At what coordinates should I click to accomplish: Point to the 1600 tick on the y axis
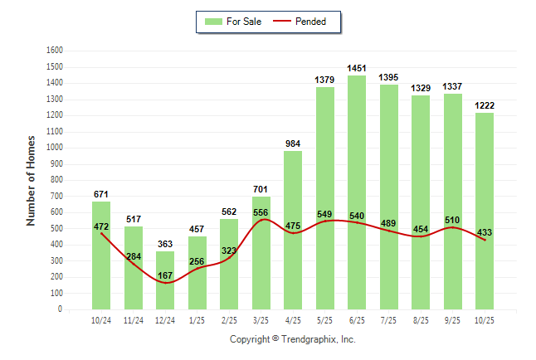point(54,51)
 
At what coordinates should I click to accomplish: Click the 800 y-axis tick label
point(56,180)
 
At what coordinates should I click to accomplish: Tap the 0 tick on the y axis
point(61,309)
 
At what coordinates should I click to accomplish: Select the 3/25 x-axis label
point(261,320)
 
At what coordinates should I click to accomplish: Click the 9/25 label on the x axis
point(452,320)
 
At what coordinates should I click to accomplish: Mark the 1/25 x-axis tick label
point(197,320)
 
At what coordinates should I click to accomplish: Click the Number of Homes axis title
point(32,180)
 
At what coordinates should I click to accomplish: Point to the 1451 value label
point(357,68)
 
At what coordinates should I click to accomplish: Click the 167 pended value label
point(165,275)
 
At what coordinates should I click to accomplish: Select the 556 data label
point(261,212)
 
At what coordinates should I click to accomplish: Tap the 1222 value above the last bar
point(485,105)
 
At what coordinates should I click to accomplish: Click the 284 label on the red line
point(134,256)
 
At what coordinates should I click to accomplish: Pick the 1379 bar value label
point(325,80)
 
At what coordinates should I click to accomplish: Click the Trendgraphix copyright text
point(292,339)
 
